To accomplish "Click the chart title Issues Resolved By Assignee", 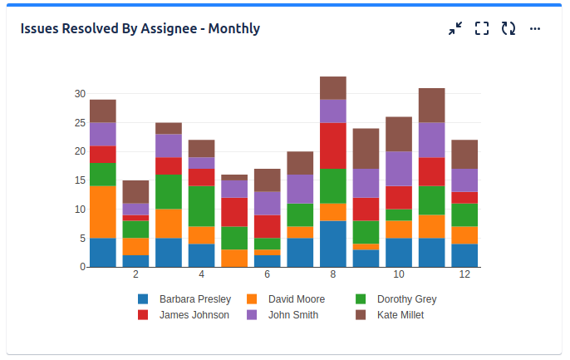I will pos(140,29).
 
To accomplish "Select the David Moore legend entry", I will pos(296,299).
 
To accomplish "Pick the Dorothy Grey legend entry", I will pos(406,299).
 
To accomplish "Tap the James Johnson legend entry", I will pos(194,315).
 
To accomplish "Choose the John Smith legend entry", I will pos(292,315).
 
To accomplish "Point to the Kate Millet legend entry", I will pos(400,315).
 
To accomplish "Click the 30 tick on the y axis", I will pos(80,94).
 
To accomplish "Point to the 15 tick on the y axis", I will pos(80,180).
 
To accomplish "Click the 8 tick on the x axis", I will pos(333,274).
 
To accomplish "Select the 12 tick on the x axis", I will pos(464,274).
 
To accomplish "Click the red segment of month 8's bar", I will pos(333,145).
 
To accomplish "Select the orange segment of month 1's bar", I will pos(103,212).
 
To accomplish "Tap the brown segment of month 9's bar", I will pos(366,149).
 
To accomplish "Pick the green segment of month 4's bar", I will pos(202,206).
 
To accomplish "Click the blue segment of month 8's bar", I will pos(333,244).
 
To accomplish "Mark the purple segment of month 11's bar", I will pos(432,140).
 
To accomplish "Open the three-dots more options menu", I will pos(535,29).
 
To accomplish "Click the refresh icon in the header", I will pos(509,29).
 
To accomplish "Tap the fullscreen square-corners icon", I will pos(482,29).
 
